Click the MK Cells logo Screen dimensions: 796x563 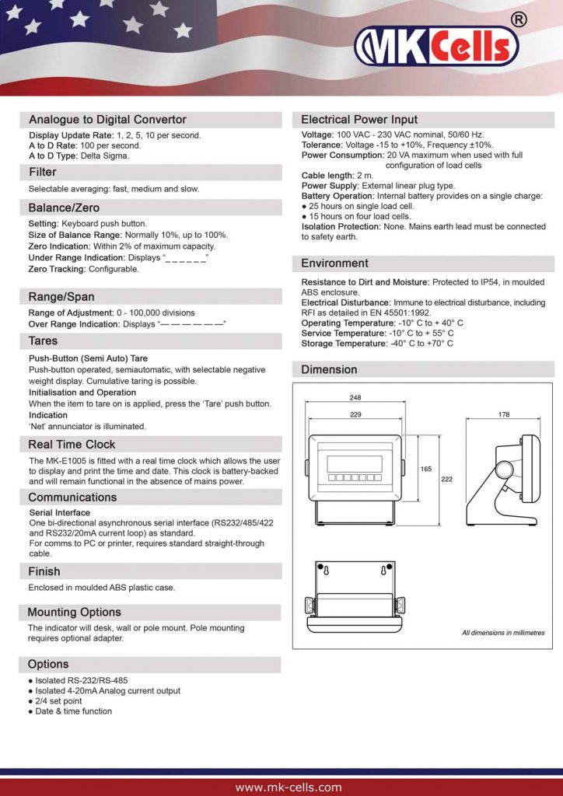coord(435,46)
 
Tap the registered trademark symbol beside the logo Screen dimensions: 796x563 coord(519,19)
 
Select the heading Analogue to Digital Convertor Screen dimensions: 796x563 coord(107,120)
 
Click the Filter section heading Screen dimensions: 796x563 coord(43,172)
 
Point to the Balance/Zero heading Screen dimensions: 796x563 coord(64,208)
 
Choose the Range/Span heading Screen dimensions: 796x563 coord(61,296)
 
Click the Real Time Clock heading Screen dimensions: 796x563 coord(72,445)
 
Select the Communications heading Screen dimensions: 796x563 coord(72,497)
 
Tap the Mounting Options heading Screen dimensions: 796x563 coord(75,612)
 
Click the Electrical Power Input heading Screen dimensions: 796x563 coord(359,120)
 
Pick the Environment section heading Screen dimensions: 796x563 coord(334,263)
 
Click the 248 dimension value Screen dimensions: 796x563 coord(355,397)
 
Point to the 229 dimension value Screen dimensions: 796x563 coord(355,415)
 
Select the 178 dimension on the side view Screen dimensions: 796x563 coord(504,415)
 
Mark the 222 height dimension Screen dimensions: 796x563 coord(446,480)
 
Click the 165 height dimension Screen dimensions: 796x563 coord(426,469)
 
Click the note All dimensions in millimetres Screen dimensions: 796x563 coord(503,633)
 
